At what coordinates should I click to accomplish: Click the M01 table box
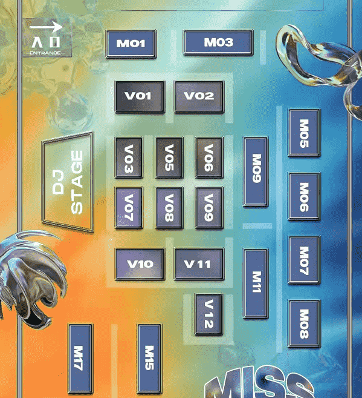click(131, 44)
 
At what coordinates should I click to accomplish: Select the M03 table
click(218, 42)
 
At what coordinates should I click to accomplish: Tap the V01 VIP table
click(140, 96)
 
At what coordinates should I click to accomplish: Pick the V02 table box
click(199, 96)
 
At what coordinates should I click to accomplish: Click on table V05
click(169, 158)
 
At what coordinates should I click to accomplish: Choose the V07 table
click(129, 208)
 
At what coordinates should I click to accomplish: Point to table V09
click(209, 208)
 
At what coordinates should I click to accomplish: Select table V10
click(140, 264)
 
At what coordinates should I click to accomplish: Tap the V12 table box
click(208, 314)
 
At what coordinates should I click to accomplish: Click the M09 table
click(256, 171)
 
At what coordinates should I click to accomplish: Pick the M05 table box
click(304, 133)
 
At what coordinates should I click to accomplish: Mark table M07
click(304, 260)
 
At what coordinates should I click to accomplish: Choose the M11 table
click(256, 284)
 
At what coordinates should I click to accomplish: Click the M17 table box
click(80, 359)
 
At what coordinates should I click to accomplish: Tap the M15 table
click(149, 359)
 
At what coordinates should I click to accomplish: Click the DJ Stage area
click(68, 182)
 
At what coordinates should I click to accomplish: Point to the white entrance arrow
click(46, 27)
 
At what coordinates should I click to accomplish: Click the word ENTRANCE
click(45, 53)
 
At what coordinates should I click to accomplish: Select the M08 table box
click(304, 323)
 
